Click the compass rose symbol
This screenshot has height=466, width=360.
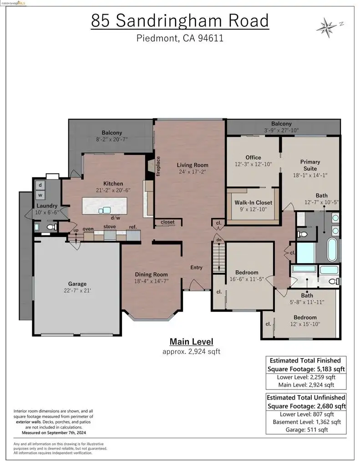[x=328, y=28]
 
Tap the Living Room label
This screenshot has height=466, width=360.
[x=193, y=165]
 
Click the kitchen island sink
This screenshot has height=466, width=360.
[x=105, y=210]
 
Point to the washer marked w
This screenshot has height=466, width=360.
[x=40, y=195]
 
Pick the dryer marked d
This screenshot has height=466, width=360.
[x=40, y=185]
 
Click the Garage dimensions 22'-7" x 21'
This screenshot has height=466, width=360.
[x=77, y=291]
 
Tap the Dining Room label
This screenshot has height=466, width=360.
[x=151, y=274]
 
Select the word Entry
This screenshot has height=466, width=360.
[x=196, y=268]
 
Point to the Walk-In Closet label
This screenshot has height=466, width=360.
[x=254, y=203]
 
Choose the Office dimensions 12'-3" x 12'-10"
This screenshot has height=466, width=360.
[x=254, y=164]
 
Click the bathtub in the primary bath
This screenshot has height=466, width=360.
[x=332, y=249]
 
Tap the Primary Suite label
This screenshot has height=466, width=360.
[x=310, y=165]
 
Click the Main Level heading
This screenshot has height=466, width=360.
[x=192, y=342]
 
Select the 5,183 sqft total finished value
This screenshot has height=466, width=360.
[x=330, y=369]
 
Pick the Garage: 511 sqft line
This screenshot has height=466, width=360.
[x=306, y=430]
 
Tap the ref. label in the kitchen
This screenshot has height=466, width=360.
[x=133, y=227]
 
